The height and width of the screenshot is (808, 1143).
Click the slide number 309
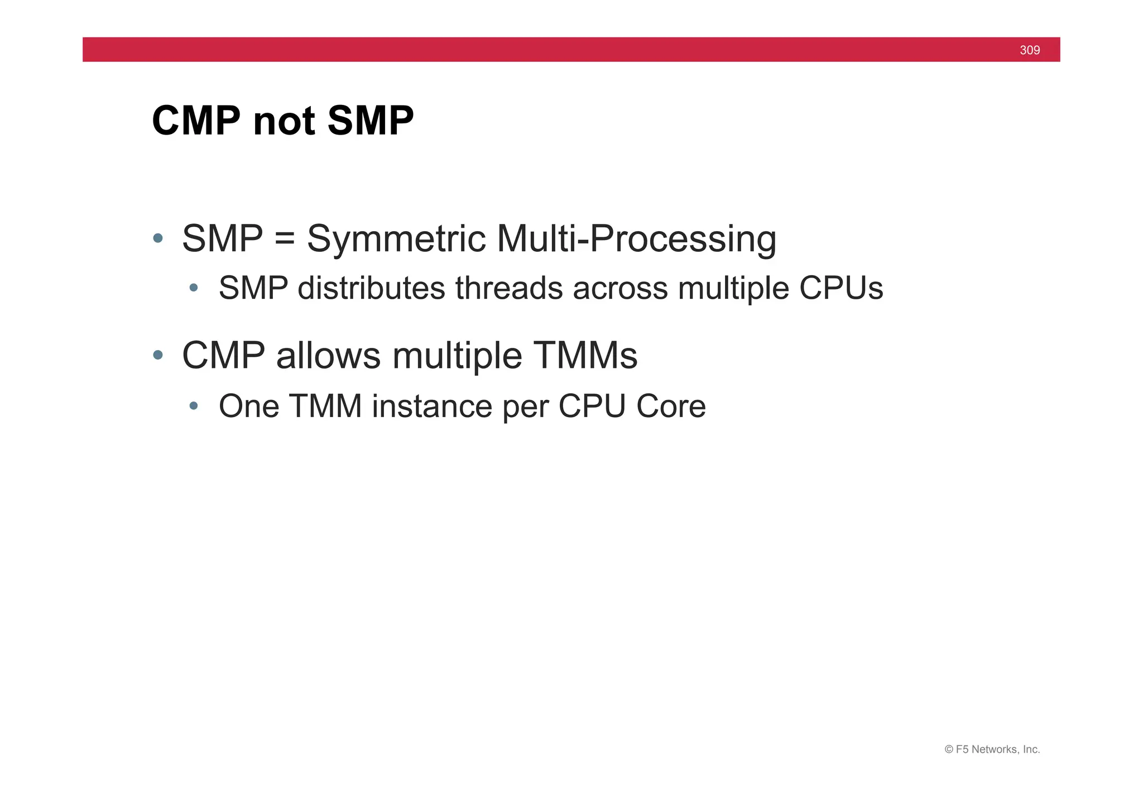pos(1029,50)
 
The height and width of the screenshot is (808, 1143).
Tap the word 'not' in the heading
pos(284,122)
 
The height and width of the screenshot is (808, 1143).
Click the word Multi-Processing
pos(636,239)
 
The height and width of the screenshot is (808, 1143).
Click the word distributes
pos(371,288)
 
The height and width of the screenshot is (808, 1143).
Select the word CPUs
pos(841,288)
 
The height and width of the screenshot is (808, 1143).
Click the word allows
pos(329,356)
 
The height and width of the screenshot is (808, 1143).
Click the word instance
pos(431,407)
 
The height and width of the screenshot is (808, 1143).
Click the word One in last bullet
pos(248,406)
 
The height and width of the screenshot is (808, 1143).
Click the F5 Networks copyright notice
pos(992,749)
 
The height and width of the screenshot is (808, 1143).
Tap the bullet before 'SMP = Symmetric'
pos(158,238)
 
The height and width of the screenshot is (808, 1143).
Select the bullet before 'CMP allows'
pos(158,355)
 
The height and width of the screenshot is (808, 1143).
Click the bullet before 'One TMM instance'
pos(194,406)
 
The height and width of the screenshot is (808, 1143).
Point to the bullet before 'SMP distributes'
pos(194,288)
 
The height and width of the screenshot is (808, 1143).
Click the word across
pos(620,288)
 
